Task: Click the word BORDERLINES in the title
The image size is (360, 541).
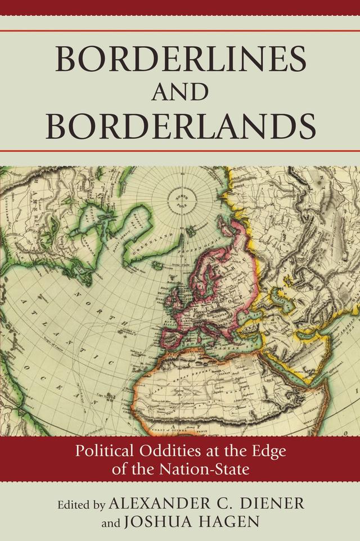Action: [179, 57]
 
